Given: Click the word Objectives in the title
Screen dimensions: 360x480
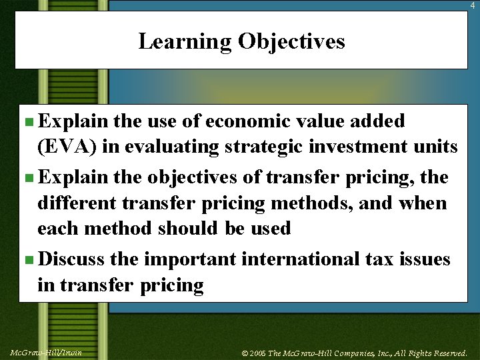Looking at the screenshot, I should tap(292, 41).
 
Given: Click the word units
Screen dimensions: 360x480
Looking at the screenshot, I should tap(436, 147).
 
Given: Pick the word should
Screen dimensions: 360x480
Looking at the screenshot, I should tap(188, 228).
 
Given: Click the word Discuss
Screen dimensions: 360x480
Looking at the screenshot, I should tap(71, 259).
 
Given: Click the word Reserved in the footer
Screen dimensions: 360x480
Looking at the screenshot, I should tap(447, 353).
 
